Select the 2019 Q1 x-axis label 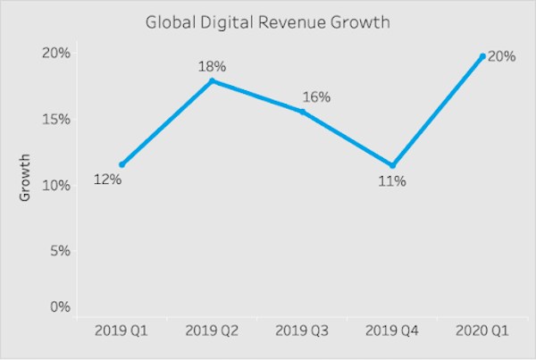click(121, 332)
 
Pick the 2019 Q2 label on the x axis click(212, 332)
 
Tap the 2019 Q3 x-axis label click(302, 332)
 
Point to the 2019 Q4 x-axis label click(392, 332)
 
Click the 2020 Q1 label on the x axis click(482, 332)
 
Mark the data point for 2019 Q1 click(121, 164)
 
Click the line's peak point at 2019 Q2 click(212, 80)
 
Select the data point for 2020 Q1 click(482, 56)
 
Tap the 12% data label click(107, 180)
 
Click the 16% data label click(315, 96)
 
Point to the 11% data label click(391, 181)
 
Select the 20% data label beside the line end click(501, 56)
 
